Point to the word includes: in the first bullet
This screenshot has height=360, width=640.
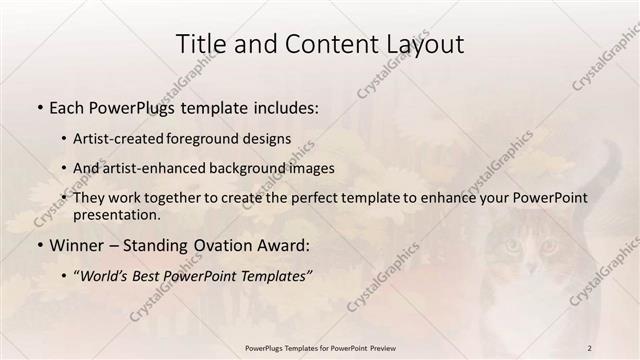click(283, 105)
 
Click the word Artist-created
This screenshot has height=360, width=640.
click(121, 138)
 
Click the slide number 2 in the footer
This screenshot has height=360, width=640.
click(590, 348)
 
